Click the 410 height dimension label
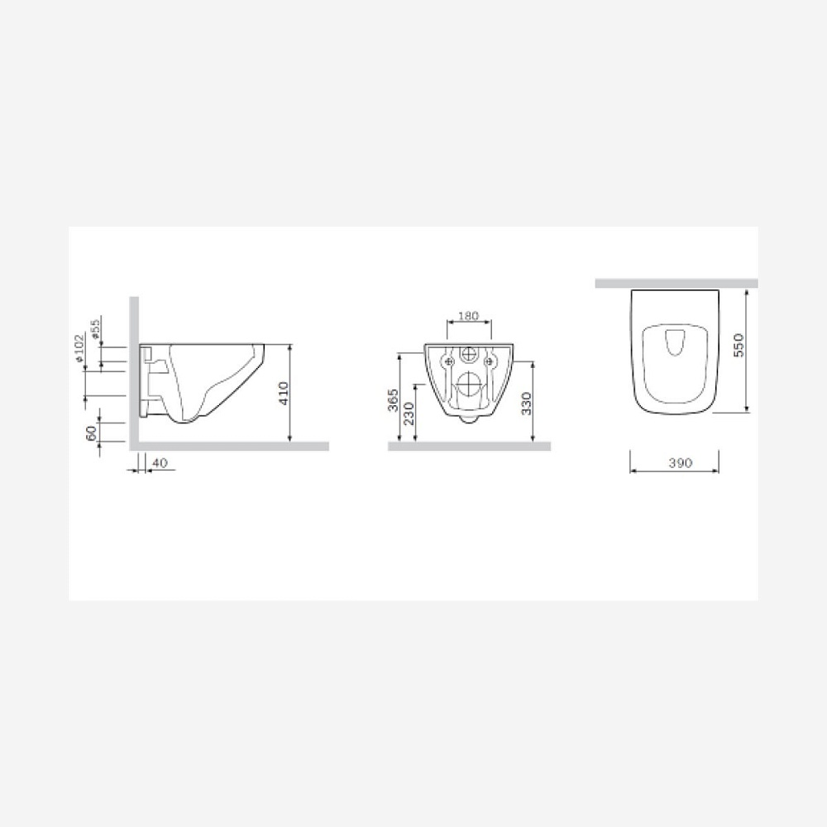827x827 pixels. click(x=284, y=393)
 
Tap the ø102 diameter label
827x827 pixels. click(x=79, y=348)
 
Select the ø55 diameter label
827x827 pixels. click(x=95, y=328)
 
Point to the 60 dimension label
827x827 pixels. click(x=91, y=433)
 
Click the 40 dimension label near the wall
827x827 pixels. click(x=160, y=462)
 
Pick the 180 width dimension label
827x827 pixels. click(x=468, y=316)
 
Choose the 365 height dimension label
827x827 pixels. click(x=393, y=401)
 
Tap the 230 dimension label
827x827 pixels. click(x=409, y=413)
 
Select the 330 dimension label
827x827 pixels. click(x=526, y=404)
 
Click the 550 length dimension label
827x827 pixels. click(x=739, y=345)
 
